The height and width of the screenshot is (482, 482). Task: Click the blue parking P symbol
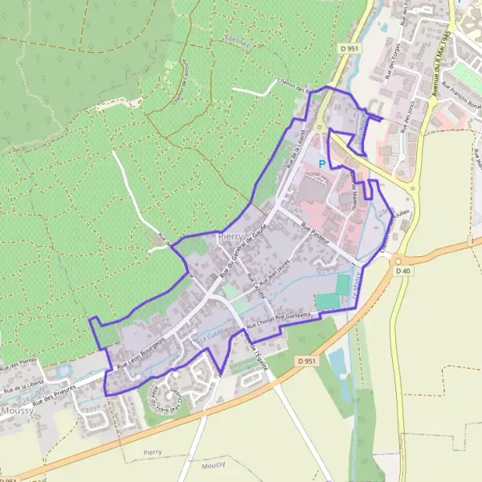(x=323, y=164)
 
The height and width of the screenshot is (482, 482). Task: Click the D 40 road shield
(x=403, y=271)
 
